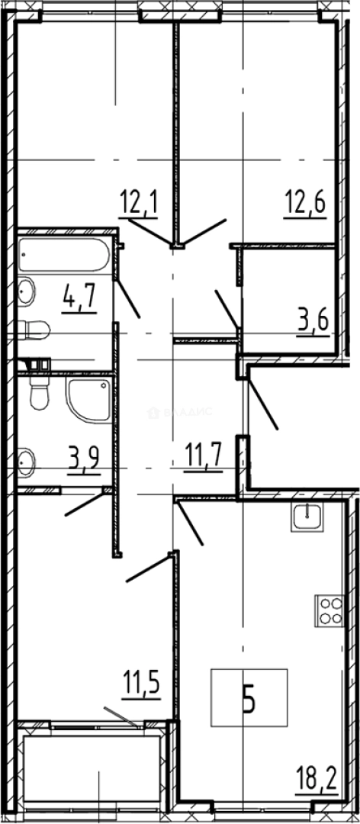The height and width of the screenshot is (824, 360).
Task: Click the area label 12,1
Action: pos(137,204)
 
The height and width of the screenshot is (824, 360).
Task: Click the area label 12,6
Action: pos(304,204)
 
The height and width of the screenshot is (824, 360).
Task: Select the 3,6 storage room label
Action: pos(313,319)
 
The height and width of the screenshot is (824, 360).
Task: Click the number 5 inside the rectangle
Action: pos(249,698)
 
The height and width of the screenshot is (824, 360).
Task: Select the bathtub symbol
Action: pos(63,254)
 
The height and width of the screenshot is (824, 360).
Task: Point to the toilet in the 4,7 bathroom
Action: pos(34,330)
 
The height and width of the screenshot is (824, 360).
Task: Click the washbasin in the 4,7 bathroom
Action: pos(27,291)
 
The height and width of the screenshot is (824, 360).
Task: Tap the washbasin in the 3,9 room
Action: pos(27,461)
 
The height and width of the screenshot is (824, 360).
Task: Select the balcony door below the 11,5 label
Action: pos(122,718)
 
